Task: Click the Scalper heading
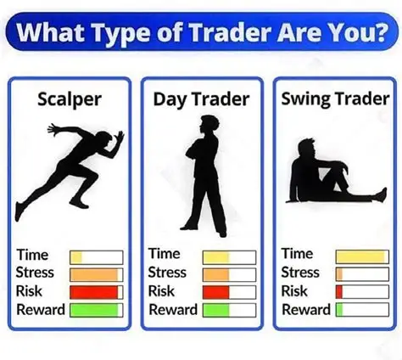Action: point(70,98)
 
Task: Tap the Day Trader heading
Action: point(202,98)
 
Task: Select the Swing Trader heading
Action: point(334,98)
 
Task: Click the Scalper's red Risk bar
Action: point(95,292)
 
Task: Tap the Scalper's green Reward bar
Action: point(95,310)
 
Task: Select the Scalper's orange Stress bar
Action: point(95,274)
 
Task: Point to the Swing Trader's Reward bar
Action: point(360,310)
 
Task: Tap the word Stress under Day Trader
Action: point(167,273)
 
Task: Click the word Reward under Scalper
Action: point(41,310)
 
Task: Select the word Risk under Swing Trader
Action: point(294,291)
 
